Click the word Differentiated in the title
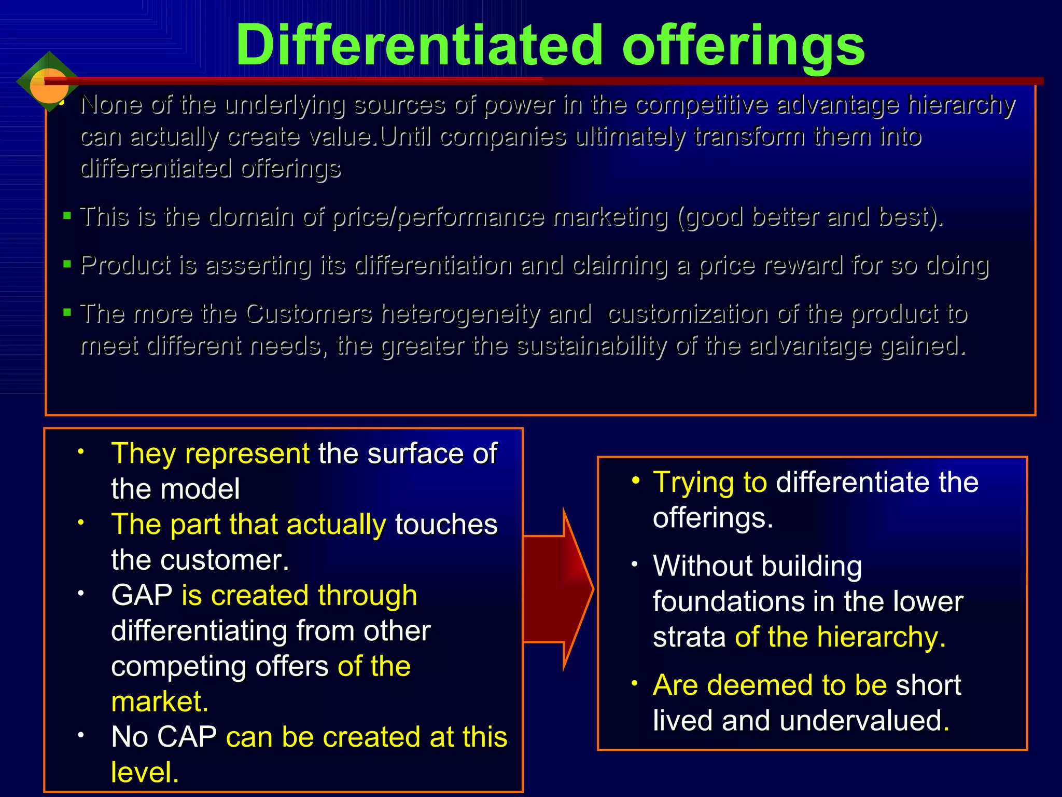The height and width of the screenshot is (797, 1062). click(x=419, y=46)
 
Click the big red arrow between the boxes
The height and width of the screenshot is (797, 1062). click(x=558, y=589)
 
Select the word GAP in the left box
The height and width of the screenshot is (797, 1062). click(x=141, y=595)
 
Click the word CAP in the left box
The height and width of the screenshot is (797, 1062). click(x=187, y=737)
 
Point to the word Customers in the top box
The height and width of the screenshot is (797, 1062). click(x=309, y=314)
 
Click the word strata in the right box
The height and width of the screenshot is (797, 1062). click(x=689, y=637)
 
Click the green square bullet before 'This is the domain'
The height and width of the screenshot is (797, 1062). click(x=67, y=215)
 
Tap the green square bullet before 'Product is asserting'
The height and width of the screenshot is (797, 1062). click(x=67, y=264)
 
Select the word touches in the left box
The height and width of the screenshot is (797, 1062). click(x=446, y=525)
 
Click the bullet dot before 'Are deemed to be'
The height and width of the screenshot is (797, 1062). click(x=635, y=683)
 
